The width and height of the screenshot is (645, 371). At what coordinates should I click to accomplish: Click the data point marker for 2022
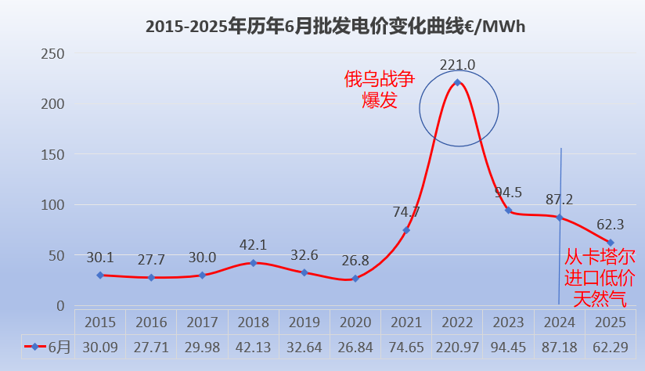point(457,82)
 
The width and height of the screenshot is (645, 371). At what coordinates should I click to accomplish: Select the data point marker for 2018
point(254,263)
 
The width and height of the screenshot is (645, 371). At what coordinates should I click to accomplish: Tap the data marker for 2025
point(611,243)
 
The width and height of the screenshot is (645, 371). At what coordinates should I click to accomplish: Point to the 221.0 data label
point(457,65)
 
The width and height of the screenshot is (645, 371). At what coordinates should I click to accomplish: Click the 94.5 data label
point(509,192)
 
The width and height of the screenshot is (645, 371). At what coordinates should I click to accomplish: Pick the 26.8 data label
point(355,259)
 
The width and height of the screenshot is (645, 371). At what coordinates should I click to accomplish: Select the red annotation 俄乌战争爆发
point(380,89)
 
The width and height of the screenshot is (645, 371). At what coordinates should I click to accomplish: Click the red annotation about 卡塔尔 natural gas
point(600,277)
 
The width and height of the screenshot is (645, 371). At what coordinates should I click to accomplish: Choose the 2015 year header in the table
point(100,322)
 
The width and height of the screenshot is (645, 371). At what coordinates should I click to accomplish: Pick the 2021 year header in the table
point(406,322)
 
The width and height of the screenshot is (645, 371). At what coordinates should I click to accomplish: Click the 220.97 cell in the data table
point(457,347)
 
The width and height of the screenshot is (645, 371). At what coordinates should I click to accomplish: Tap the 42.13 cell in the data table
point(254,347)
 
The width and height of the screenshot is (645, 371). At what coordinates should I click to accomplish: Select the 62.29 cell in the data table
point(611,347)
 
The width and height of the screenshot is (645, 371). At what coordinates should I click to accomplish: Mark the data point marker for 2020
point(355,279)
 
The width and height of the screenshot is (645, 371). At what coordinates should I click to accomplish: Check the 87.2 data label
point(559,200)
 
